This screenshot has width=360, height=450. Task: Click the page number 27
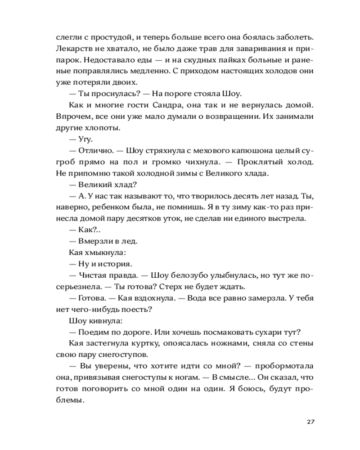point(310,422)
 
